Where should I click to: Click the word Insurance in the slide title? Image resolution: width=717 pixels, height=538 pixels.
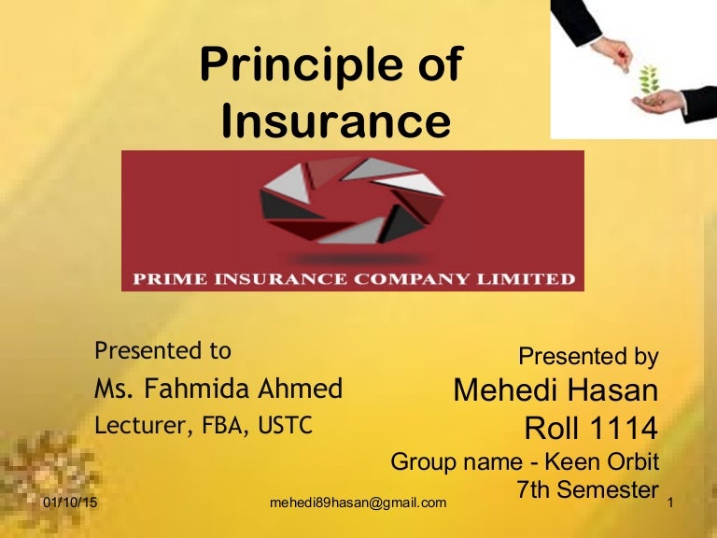pos(336,122)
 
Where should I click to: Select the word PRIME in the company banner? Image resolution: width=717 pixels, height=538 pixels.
pos(173,278)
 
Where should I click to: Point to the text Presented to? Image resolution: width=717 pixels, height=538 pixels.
pos(162,351)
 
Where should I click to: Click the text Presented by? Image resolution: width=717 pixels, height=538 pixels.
pos(588,356)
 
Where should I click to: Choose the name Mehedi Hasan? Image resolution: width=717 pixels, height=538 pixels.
pos(555,390)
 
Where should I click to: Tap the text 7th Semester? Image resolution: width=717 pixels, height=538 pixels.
pos(586,488)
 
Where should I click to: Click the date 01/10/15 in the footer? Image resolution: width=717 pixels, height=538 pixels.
pos(70,503)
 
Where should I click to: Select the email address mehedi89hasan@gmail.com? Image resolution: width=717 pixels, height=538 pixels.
pos(358,503)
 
